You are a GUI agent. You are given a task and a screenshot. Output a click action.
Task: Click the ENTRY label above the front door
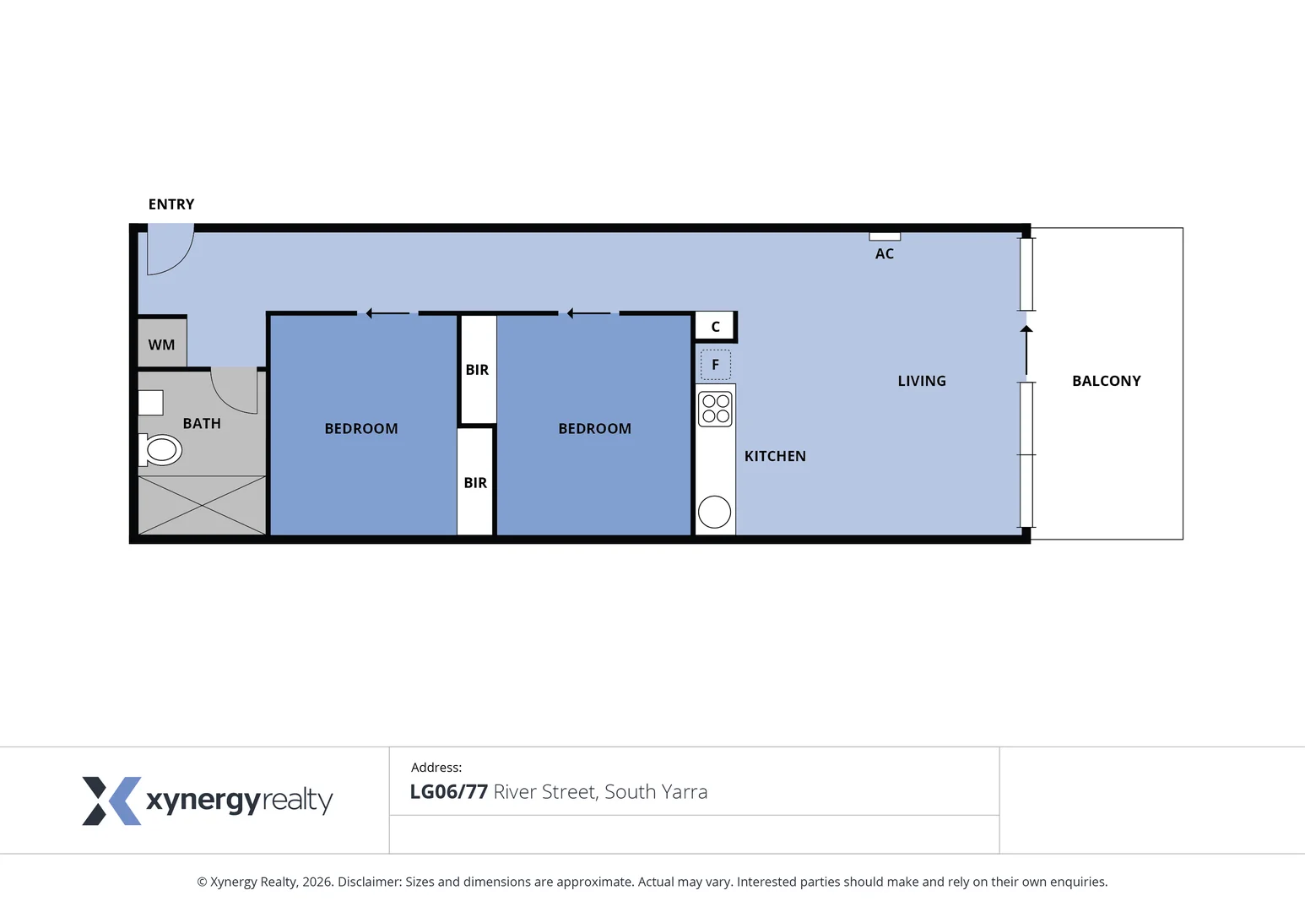click(171, 204)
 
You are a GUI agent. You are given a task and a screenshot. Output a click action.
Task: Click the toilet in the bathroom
click(161, 450)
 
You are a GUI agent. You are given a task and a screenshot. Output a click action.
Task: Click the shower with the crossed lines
click(202, 505)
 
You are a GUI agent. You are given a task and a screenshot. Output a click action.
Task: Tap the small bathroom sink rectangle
click(151, 403)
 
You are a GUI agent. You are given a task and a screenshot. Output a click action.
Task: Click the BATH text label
click(202, 423)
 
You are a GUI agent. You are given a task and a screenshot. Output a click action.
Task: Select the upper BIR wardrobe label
click(477, 370)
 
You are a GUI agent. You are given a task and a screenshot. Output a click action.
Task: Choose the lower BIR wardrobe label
click(475, 483)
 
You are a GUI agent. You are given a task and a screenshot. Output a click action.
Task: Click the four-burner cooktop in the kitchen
click(715, 410)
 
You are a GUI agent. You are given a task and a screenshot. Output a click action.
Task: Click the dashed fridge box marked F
click(715, 365)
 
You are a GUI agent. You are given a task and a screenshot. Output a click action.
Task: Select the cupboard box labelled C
click(715, 327)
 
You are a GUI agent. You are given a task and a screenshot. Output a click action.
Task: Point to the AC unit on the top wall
click(885, 236)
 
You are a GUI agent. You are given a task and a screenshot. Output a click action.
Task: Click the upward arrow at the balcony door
click(1026, 350)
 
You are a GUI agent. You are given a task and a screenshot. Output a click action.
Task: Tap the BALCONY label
click(1106, 381)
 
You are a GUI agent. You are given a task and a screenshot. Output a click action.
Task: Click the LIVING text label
click(922, 381)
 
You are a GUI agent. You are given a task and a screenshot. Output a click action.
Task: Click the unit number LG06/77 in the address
click(448, 792)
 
